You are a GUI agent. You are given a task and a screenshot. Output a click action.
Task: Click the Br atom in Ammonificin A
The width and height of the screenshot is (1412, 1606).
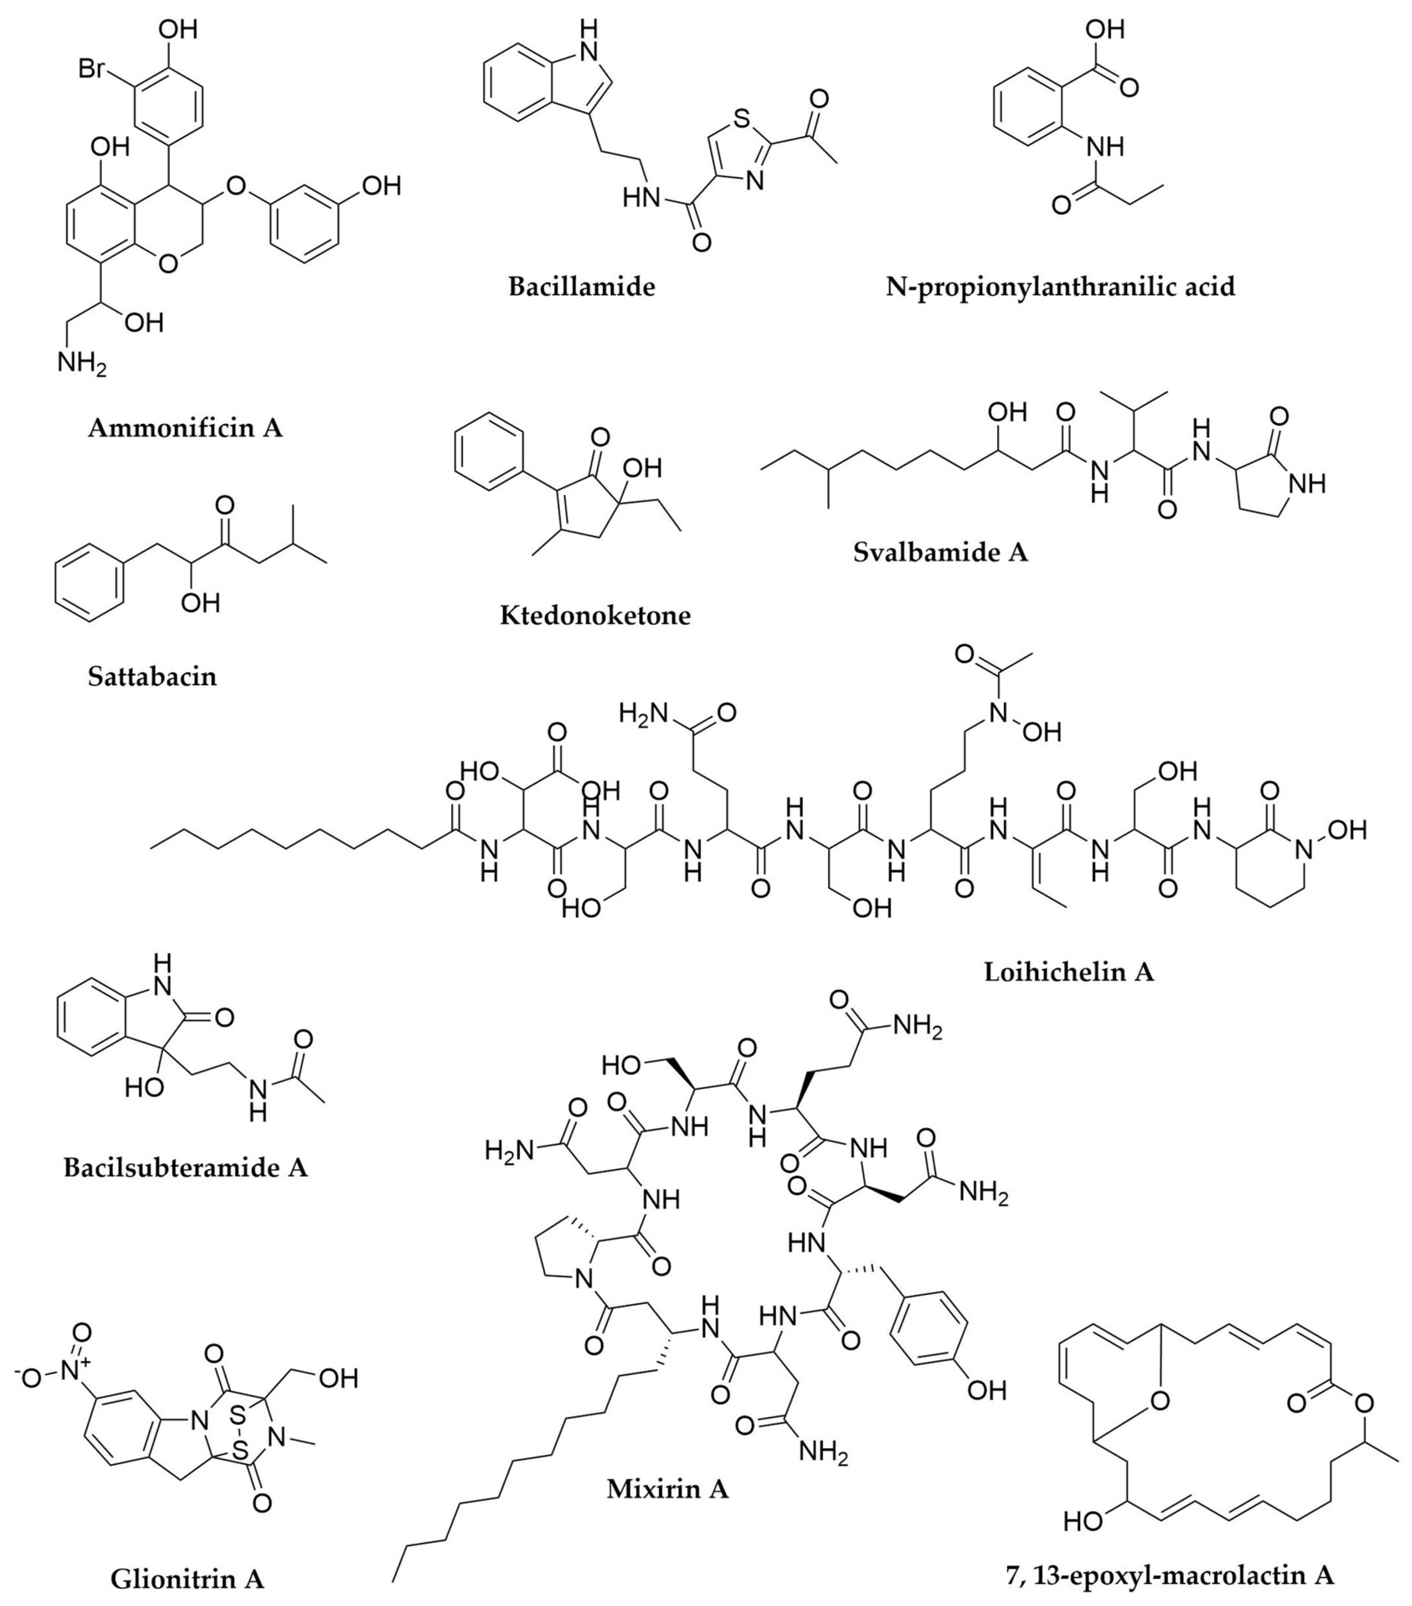[x=92, y=70]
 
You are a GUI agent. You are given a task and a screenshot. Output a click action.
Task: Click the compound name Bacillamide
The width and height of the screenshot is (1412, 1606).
[x=582, y=286]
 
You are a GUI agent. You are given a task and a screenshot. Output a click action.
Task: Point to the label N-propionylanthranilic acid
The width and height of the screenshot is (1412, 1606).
[x=1060, y=286]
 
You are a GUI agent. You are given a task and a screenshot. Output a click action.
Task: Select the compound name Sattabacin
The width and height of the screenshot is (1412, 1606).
[x=153, y=676]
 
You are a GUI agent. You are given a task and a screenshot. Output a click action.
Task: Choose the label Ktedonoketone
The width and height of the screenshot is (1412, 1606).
[x=595, y=614]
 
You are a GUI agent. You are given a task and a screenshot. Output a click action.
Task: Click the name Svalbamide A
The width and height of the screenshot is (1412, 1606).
[x=941, y=552]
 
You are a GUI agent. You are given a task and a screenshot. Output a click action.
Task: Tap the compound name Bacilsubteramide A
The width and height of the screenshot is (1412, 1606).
[x=186, y=1167]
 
